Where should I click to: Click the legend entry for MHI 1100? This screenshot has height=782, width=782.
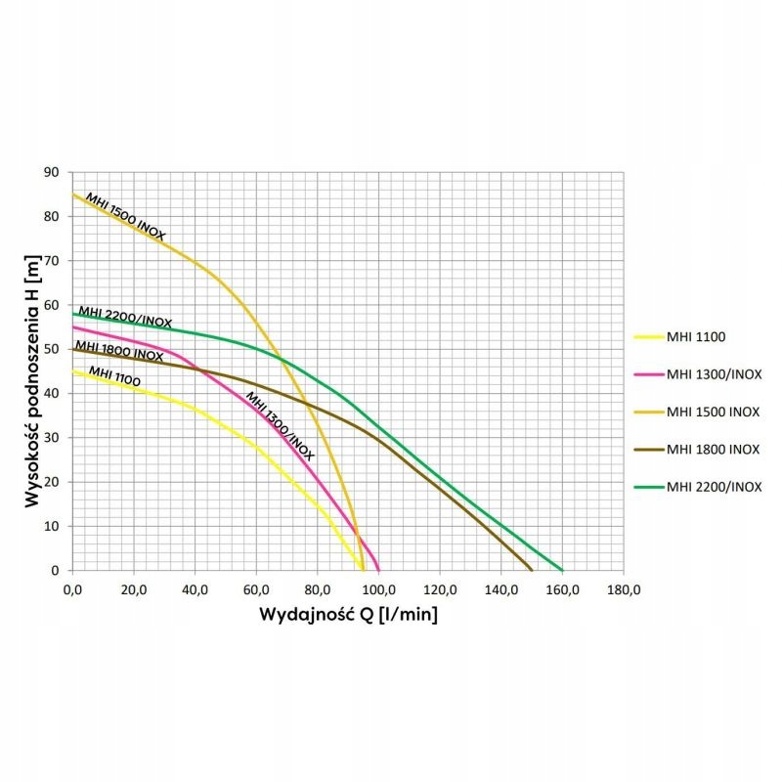pyautogui.click(x=700, y=337)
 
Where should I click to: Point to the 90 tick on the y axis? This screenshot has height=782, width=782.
pyautogui.click(x=51, y=172)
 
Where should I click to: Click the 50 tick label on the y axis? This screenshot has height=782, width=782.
pyautogui.click(x=51, y=349)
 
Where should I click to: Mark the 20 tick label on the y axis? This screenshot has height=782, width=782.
pyautogui.click(x=51, y=482)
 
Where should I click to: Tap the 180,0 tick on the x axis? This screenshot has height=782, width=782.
pyautogui.click(x=624, y=589)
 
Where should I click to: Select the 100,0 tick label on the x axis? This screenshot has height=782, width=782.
pyautogui.click(x=378, y=589)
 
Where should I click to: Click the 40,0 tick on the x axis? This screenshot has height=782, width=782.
pyautogui.click(x=195, y=589)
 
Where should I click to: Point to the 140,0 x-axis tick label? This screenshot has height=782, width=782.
pyautogui.click(x=500, y=589)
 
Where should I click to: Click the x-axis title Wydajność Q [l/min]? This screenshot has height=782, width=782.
pyautogui.click(x=348, y=616)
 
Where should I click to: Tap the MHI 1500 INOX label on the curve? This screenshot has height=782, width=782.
pyautogui.click(x=125, y=216)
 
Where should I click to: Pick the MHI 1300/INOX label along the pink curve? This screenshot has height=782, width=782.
pyautogui.click(x=280, y=425)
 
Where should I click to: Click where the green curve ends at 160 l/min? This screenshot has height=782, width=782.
pyautogui.click(x=562, y=570)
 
